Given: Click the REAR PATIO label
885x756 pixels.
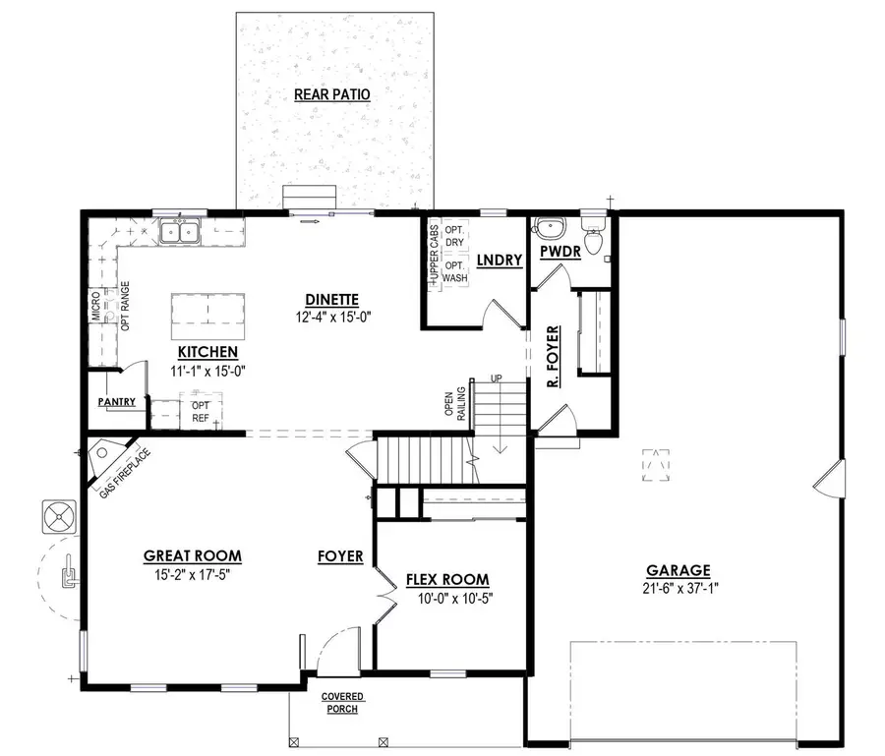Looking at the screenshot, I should (x=331, y=94).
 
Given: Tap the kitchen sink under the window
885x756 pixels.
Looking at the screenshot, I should (x=180, y=233).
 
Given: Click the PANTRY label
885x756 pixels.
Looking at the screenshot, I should (x=116, y=402).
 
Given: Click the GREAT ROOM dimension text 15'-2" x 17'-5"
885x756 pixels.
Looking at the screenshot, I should (x=192, y=574).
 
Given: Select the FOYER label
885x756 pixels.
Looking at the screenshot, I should (x=340, y=556).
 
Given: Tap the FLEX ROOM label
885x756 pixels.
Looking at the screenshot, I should (x=447, y=580).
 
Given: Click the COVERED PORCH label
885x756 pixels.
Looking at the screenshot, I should (x=341, y=703).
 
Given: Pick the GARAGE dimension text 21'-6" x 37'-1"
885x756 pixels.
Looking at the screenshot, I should (x=678, y=588).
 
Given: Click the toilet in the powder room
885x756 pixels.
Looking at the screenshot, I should (x=593, y=238).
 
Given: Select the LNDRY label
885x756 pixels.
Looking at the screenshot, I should (x=494, y=260).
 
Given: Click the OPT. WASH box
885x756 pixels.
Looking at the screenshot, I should (x=454, y=272).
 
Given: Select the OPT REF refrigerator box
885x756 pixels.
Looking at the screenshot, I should (x=201, y=411).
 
